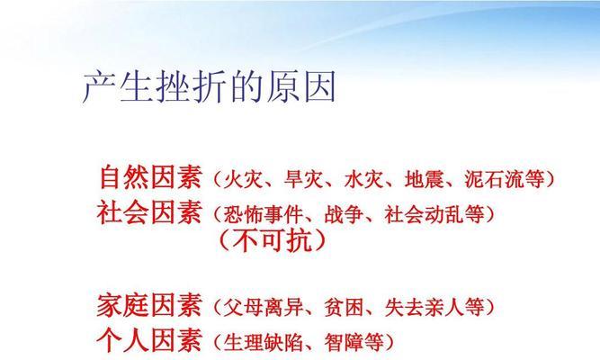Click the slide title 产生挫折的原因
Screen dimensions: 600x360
209,86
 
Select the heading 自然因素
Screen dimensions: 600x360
151,177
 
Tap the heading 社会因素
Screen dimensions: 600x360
149,212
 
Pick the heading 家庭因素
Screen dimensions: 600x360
149,305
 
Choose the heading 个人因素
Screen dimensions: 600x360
149,340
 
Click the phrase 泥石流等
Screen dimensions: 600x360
505,179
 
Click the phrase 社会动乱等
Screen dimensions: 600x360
434,214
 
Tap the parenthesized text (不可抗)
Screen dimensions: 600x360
273,241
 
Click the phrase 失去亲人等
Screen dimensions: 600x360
434,307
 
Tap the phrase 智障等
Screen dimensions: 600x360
354,342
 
